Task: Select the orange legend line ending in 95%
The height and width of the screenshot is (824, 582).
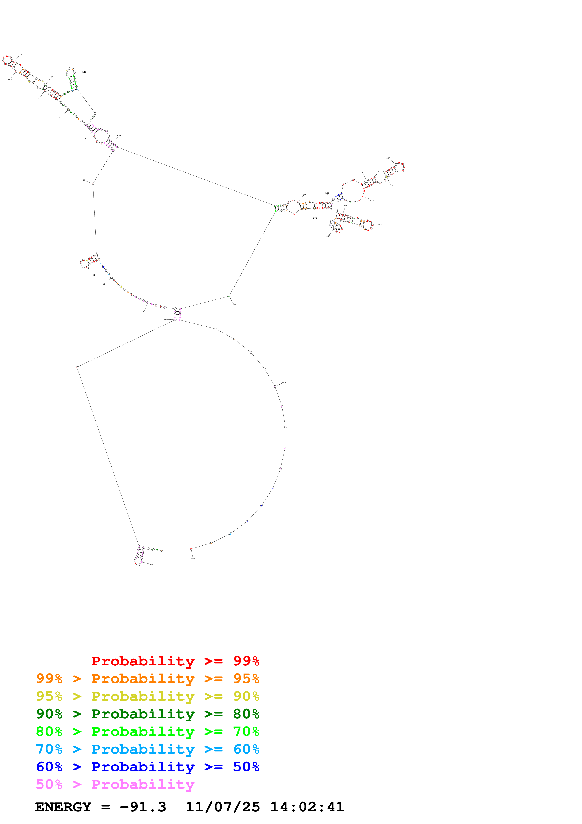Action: (x=147, y=679)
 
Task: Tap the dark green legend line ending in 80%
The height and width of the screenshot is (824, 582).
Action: (x=147, y=714)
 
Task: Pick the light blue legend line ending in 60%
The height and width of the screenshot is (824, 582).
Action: (x=147, y=749)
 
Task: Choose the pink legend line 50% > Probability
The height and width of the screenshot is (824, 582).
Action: (x=115, y=784)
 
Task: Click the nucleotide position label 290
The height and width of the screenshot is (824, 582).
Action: (x=284, y=383)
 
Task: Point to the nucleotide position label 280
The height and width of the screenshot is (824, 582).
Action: (x=234, y=305)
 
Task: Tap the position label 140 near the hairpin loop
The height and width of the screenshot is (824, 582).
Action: (x=84, y=72)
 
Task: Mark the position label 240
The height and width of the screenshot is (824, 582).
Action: (x=382, y=225)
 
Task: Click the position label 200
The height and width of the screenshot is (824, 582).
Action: (x=388, y=158)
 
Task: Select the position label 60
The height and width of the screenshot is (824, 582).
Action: (x=84, y=181)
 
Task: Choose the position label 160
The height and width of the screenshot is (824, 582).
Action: (x=119, y=136)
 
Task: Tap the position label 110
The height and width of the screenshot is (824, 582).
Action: (x=20, y=54)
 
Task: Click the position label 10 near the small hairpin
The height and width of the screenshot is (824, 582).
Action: (x=151, y=564)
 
